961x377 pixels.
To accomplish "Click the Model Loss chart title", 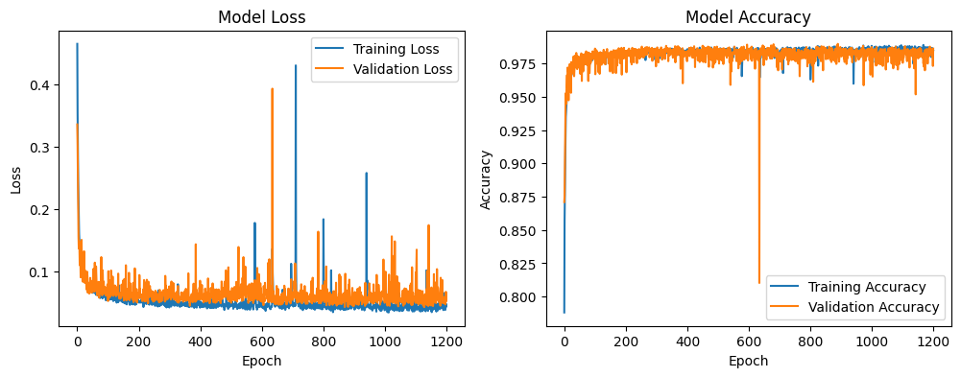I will click(x=261, y=17).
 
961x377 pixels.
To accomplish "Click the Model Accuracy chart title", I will click(x=748, y=17).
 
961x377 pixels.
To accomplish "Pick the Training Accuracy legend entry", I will click(x=867, y=287).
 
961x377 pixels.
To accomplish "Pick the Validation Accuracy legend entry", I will click(x=874, y=307).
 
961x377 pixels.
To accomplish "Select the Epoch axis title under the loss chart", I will click(x=261, y=361).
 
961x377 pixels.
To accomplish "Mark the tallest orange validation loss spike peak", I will click(x=272, y=89).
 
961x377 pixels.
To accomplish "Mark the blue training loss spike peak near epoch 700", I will click(x=295, y=65).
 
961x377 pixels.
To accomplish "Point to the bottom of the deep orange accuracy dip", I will click(x=759, y=283).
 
